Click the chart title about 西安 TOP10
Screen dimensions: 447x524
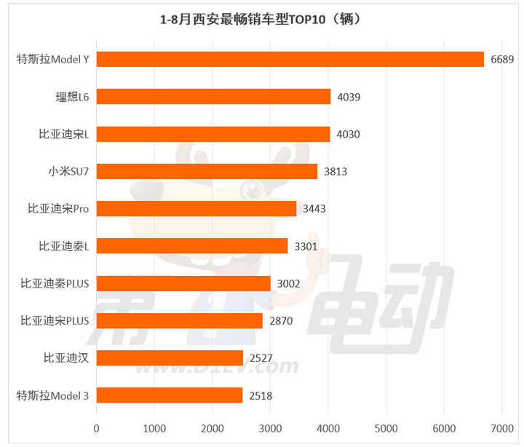click(x=261, y=20)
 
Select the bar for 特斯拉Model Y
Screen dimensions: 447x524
click(x=290, y=60)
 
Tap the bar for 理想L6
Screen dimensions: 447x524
click(x=213, y=97)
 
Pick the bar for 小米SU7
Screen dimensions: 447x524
click(x=207, y=171)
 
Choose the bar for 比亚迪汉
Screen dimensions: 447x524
click(x=170, y=357)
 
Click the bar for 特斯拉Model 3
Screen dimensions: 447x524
click(x=169, y=395)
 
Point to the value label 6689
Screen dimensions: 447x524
click(x=502, y=60)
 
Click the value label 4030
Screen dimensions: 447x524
click(x=348, y=134)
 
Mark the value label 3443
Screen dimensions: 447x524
click(x=314, y=209)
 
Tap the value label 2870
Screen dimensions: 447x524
click(x=281, y=320)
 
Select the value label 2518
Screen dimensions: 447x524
click(x=261, y=395)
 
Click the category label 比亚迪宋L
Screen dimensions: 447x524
click(x=64, y=134)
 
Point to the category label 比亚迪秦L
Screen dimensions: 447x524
click(x=64, y=246)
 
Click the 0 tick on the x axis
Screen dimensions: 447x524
click(x=97, y=430)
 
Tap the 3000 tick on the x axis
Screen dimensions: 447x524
click(x=270, y=430)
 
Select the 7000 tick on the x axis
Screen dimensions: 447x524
click(x=501, y=430)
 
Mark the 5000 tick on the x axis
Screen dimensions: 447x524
click(x=386, y=430)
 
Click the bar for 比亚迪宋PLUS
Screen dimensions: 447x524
click(x=180, y=320)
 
